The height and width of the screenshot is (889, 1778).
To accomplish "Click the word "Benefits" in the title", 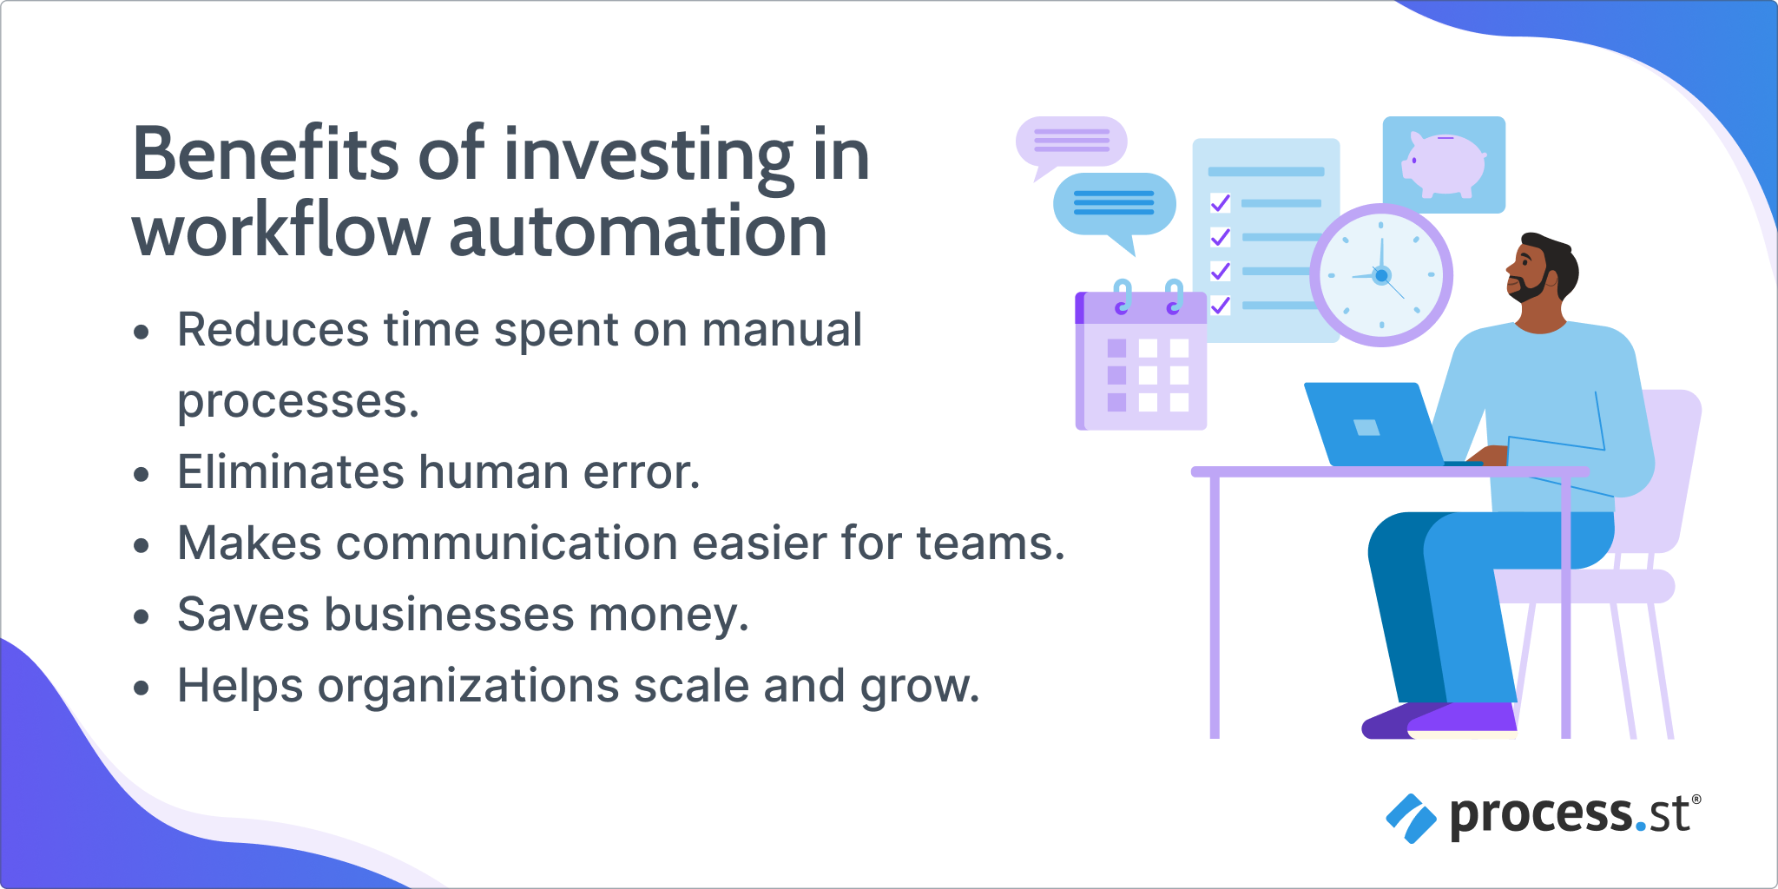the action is (266, 155).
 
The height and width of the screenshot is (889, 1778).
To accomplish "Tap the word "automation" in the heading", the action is (638, 232).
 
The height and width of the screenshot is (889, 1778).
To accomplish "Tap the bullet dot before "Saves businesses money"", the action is (142, 617).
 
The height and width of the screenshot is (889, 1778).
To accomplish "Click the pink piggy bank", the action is (1444, 163).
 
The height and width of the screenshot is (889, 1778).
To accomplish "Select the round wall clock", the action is (1381, 275).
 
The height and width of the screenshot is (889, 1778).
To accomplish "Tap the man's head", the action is (1543, 268).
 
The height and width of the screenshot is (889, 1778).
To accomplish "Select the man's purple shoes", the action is (1440, 721).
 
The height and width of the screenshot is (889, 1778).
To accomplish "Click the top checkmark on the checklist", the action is (1221, 203).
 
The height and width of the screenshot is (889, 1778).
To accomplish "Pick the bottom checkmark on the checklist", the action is (1221, 305).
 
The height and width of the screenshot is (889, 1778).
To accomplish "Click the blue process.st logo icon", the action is (1411, 818).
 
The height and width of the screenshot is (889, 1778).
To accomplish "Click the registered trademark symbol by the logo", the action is (1696, 800).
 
